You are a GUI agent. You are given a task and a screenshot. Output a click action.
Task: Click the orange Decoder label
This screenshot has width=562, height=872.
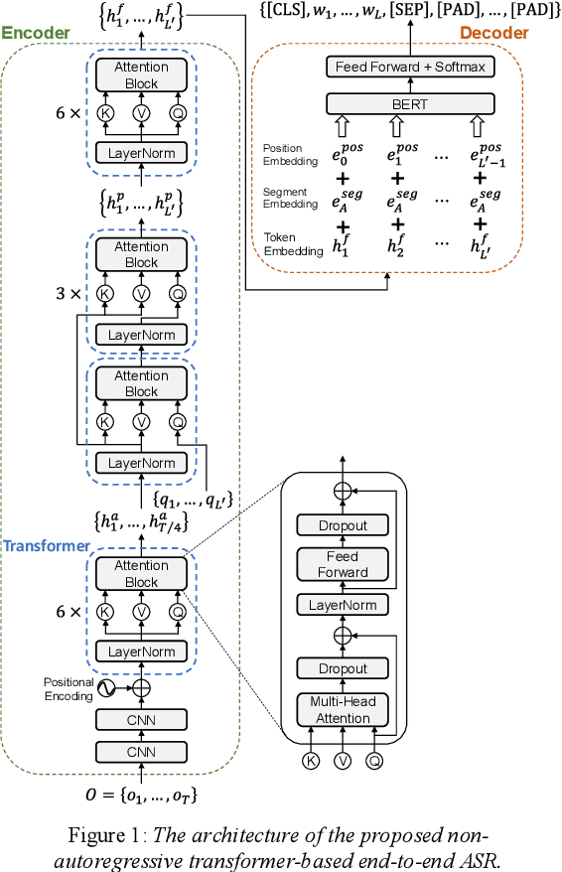[493, 33]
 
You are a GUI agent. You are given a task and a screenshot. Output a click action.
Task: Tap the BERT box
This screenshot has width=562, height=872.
[410, 102]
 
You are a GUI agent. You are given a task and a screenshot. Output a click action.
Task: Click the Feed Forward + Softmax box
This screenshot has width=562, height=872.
[410, 67]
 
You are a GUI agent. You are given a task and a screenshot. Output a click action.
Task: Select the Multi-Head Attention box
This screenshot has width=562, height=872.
[343, 710]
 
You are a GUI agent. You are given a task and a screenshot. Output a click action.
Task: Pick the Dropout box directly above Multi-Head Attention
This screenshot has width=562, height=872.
[343, 668]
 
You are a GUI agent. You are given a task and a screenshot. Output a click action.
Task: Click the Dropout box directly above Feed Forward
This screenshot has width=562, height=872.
[343, 525]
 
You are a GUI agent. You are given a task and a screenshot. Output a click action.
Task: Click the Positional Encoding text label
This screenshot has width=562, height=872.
[69, 689]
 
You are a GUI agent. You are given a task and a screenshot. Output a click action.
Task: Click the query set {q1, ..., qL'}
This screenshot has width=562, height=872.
[193, 500]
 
